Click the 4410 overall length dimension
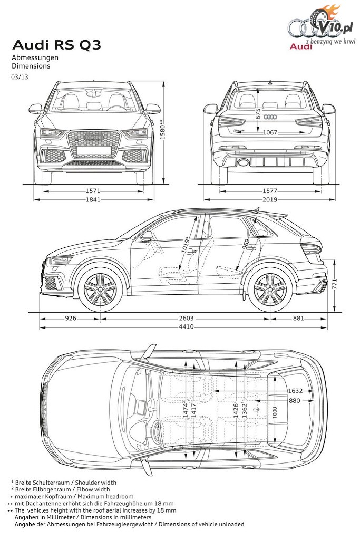click(x=186, y=326)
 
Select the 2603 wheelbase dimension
click(x=186, y=318)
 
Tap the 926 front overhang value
click(x=71, y=318)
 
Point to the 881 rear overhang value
click(x=298, y=318)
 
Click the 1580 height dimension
click(x=163, y=130)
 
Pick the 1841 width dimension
click(x=93, y=199)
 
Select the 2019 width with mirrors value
click(x=270, y=199)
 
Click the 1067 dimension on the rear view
click(x=270, y=132)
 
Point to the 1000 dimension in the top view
click(x=274, y=413)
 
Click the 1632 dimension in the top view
click(x=295, y=391)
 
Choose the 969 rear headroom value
click(x=246, y=245)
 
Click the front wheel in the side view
click(x=101, y=288)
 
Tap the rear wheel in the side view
click(x=270, y=288)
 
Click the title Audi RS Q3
click(x=57, y=45)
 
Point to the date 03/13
click(x=20, y=77)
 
